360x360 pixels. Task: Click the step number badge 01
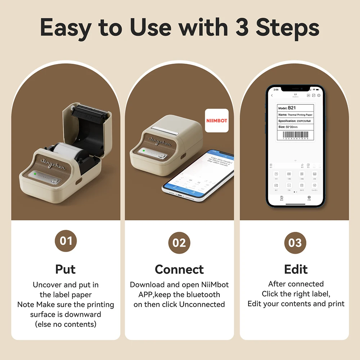point(66,241)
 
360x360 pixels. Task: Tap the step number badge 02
point(179,243)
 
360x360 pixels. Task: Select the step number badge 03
point(295,243)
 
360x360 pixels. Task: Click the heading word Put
point(66,269)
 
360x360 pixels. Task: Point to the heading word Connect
point(179,269)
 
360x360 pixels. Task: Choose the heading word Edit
point(296,269)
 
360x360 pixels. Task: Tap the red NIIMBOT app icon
point(217,121)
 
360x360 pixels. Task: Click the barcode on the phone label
point(295,135)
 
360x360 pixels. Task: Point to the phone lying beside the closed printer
point(198,176)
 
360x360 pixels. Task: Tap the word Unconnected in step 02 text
point(202,304)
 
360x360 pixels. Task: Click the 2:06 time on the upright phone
point(276,89)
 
